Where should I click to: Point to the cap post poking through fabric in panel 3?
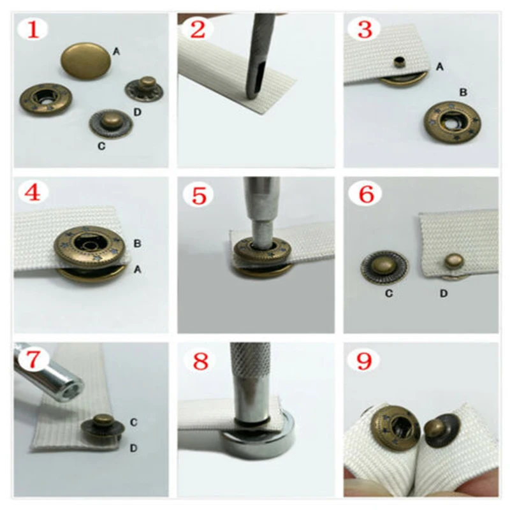[400, 62]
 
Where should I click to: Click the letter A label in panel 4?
[136, 270]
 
